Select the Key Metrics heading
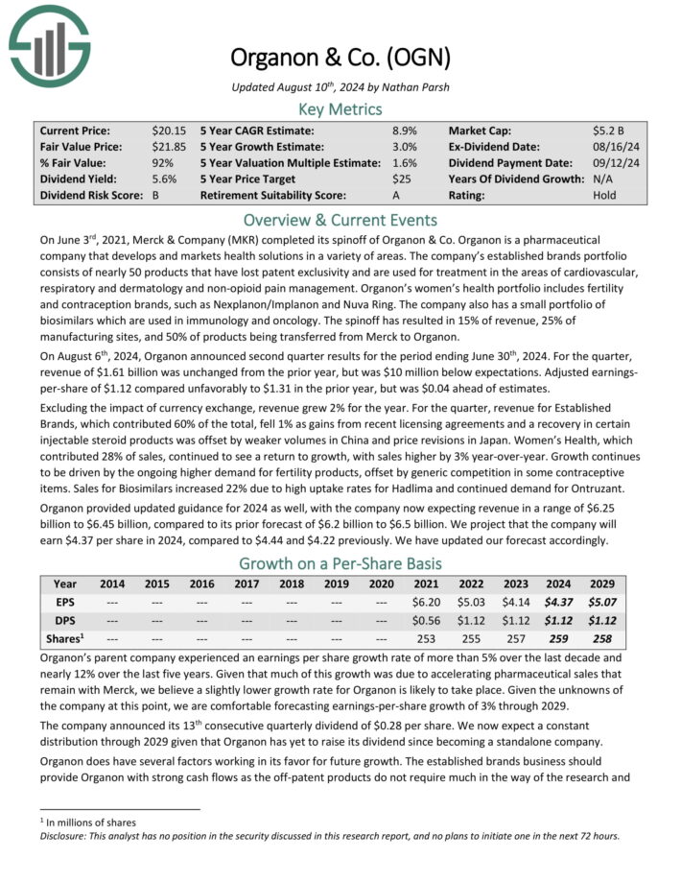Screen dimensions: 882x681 click(x=340, y=108)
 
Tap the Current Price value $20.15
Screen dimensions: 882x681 click(x=169, y=130)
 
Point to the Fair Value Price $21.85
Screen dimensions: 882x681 click(x=169, y=146)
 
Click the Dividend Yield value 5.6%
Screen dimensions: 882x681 click(x=164, y=179)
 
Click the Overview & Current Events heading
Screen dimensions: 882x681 click(x=340, y=219)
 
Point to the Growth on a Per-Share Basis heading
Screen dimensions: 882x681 click(x=340, y=562)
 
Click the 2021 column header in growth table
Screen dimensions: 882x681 click(x=425, y=584)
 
